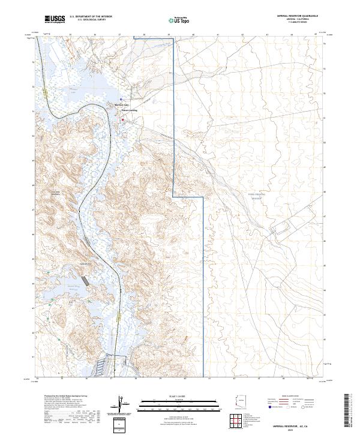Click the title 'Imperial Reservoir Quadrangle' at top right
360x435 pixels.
[x=298, y=17]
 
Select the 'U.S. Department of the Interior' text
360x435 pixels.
[x=91, y=17]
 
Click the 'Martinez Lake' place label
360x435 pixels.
[x=122, y=104]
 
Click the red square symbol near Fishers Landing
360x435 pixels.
[x=123, y=120]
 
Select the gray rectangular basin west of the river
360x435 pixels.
[x=88, y=280]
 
